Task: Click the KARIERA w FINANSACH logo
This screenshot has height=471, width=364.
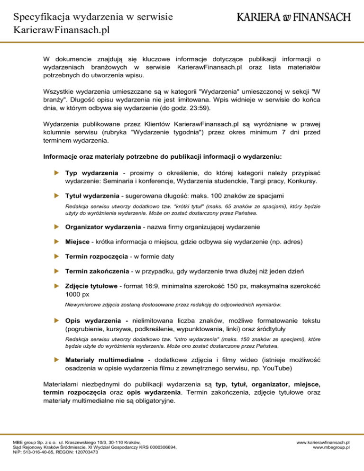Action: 294,18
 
